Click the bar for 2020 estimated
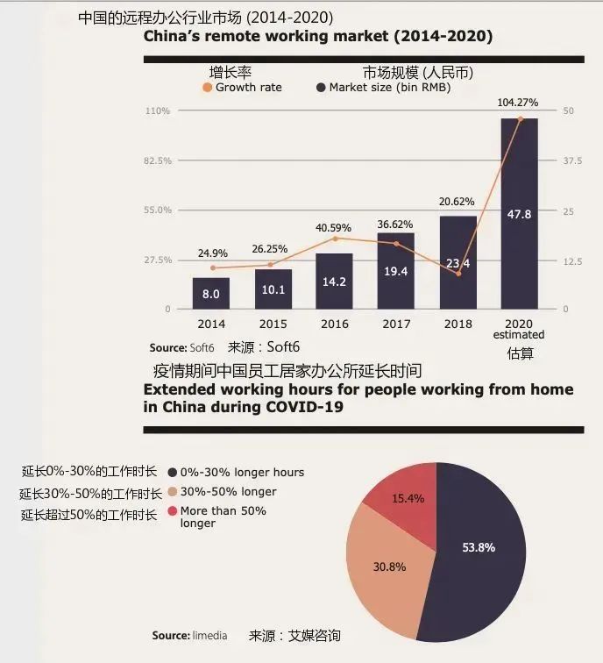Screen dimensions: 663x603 (x=519, y=214)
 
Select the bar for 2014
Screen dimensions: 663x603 (x=211, y=293)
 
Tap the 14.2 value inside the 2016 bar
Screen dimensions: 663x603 (x=334, y=282)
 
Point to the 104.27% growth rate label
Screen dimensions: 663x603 (x=518, y=103)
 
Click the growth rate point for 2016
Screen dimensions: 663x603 (x=335, y=238)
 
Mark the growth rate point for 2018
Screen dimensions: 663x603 (x=458, y=274)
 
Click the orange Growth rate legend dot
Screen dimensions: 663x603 (x=207, y=88)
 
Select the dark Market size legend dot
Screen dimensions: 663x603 (x=321, y=88)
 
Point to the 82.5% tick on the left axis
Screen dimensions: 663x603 (x=159, y=160)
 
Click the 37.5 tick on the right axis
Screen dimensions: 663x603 (x=573, y=160)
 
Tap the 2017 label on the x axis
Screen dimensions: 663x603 (x=395, y=324)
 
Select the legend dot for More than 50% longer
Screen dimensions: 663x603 (x=172, y=510)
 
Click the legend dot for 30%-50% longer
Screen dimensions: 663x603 (x=172, y=491)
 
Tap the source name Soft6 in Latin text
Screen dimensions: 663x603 (x=202, y=347)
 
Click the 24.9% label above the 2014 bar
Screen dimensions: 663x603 (x=211, y=253)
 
